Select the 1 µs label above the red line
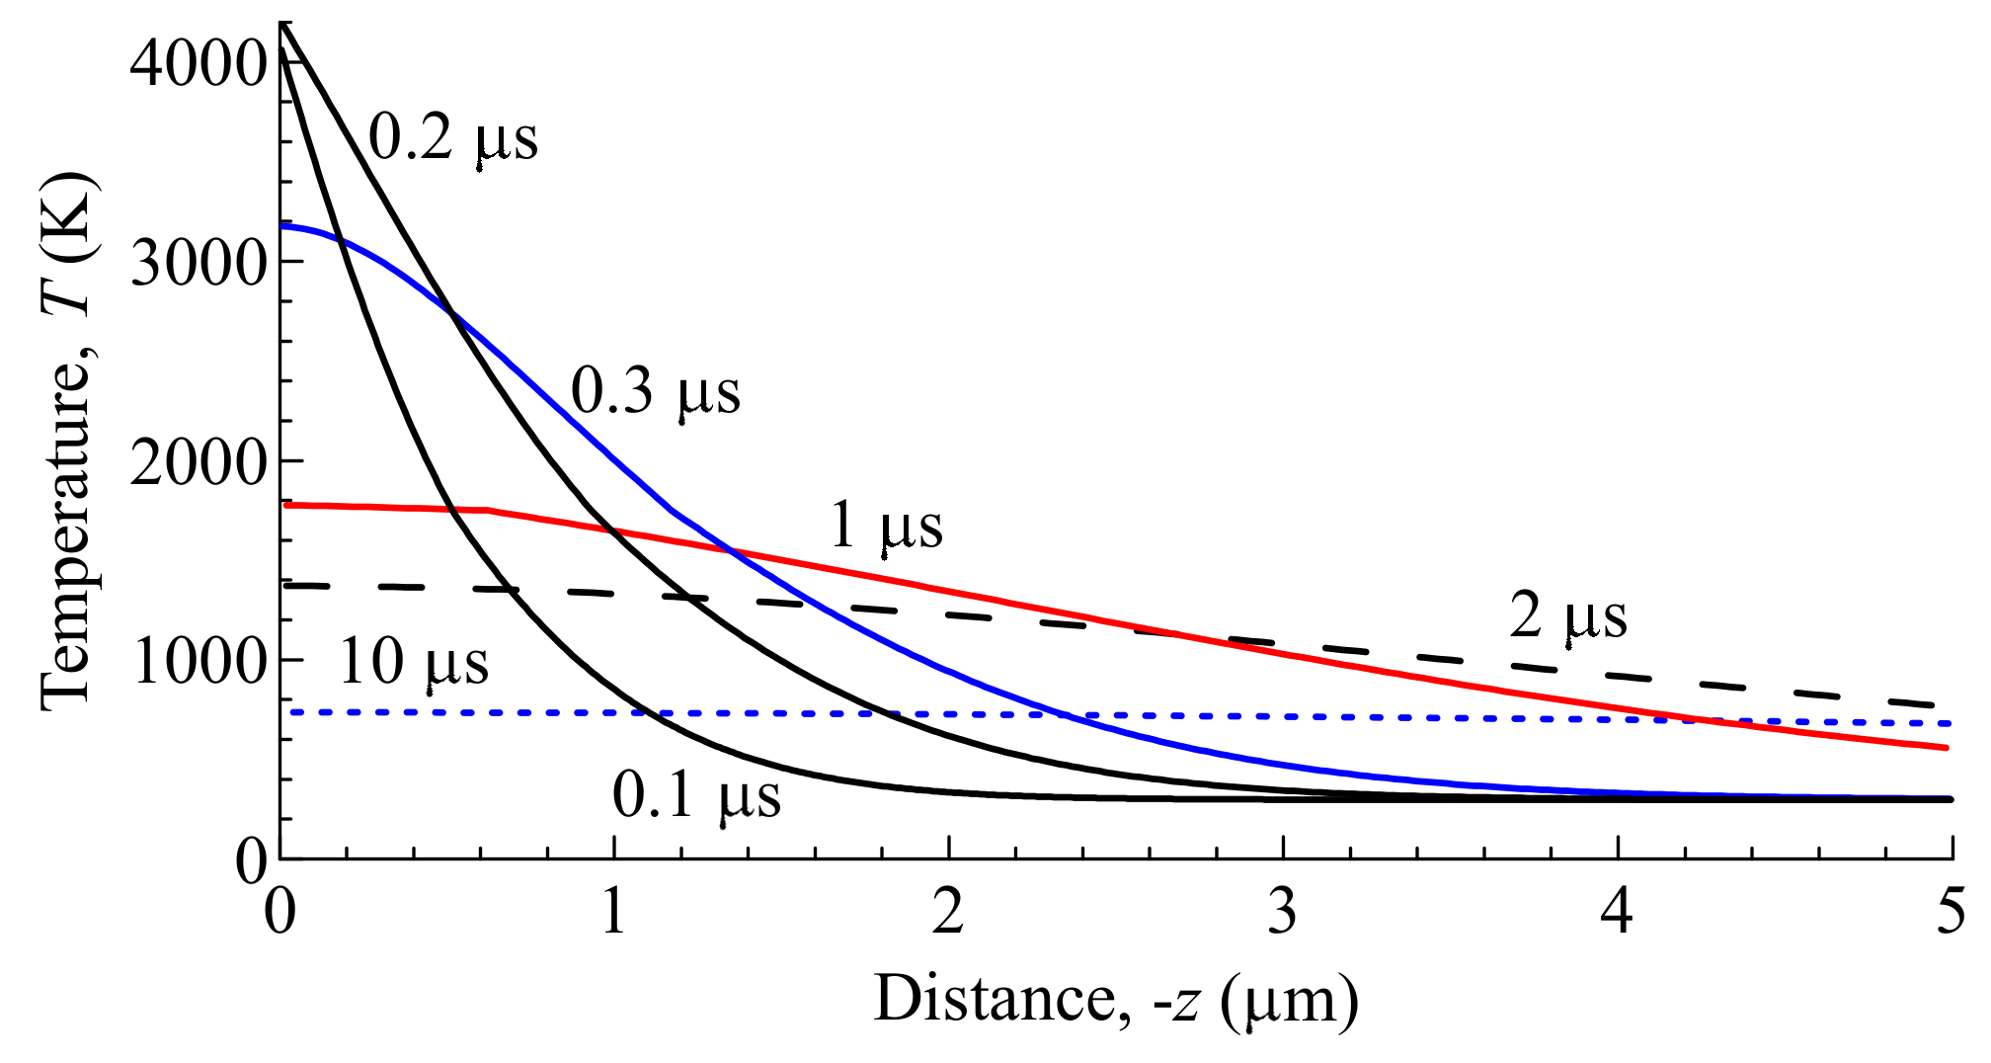(886, 525)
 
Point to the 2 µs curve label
(1567, 615)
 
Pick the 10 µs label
(414, 661)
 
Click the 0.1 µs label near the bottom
(696, 794)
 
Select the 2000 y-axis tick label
(199, 462)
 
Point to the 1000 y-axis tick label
(199, 661)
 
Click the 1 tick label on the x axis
(613, 911)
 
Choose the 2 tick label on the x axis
(947, 911)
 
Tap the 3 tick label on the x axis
(1282, 911)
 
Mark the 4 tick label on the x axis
(1616, 911)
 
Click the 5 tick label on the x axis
(1950, 911)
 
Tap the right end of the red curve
(1945, 748)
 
